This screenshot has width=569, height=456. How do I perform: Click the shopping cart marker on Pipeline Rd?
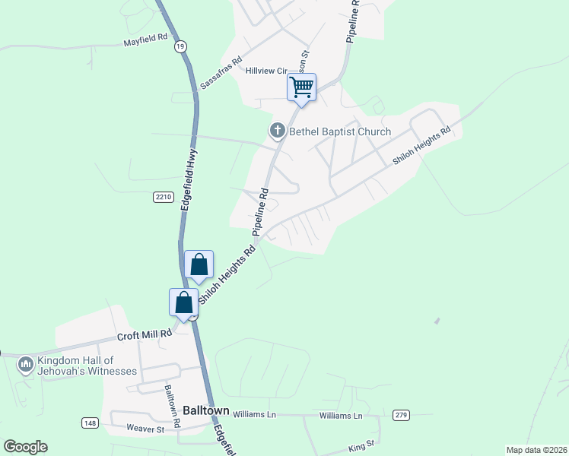tap(301, 87)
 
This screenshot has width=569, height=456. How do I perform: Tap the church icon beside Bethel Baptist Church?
tap(278, 131)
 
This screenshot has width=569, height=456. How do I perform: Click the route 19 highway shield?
tap(180, 47)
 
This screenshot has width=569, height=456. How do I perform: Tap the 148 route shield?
tap(91, 423)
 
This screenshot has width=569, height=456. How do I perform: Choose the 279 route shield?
tap(402, 415)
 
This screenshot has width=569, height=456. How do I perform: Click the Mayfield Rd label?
tap(145, 43)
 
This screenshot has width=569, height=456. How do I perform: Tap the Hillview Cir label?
tap(265, 70)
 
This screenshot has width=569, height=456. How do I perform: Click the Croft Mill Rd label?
tap(141, 335)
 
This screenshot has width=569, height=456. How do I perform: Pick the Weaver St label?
tap(145, 429)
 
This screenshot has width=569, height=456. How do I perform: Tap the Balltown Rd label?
tap(172, 404)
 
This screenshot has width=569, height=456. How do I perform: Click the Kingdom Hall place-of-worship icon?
tap(26, 366)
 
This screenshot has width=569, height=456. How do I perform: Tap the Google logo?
tap(25, 447)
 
